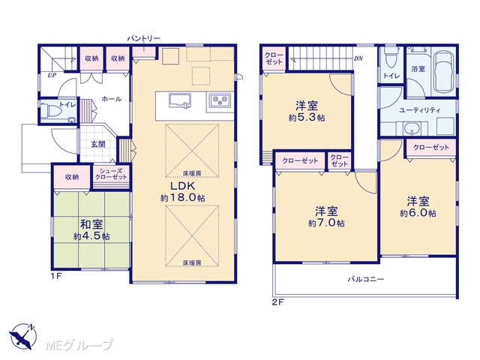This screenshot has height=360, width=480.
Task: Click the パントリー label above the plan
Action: [143, 38]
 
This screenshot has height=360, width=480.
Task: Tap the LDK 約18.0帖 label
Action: [183, 192]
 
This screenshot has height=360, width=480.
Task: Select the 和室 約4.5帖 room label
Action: [91, 230]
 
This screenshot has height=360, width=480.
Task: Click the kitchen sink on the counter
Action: [180, 100]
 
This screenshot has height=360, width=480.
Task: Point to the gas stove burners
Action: [220, 100]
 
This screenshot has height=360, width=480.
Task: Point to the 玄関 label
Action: [98, 144]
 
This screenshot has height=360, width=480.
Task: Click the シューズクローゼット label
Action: [111, 174]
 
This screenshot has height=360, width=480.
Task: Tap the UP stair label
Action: [52, 75]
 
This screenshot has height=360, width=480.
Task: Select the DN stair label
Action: [358, 58]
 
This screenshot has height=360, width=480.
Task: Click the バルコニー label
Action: [366, 279]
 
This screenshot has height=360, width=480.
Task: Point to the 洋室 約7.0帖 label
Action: [327, 217]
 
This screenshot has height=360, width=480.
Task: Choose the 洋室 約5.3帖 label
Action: [307, 112]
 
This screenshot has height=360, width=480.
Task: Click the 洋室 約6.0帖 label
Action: [418, 207]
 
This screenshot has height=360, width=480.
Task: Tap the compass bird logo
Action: [22, 336]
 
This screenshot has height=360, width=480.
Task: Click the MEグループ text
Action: [80, 345]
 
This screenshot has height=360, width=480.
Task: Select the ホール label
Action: [112, 98]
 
